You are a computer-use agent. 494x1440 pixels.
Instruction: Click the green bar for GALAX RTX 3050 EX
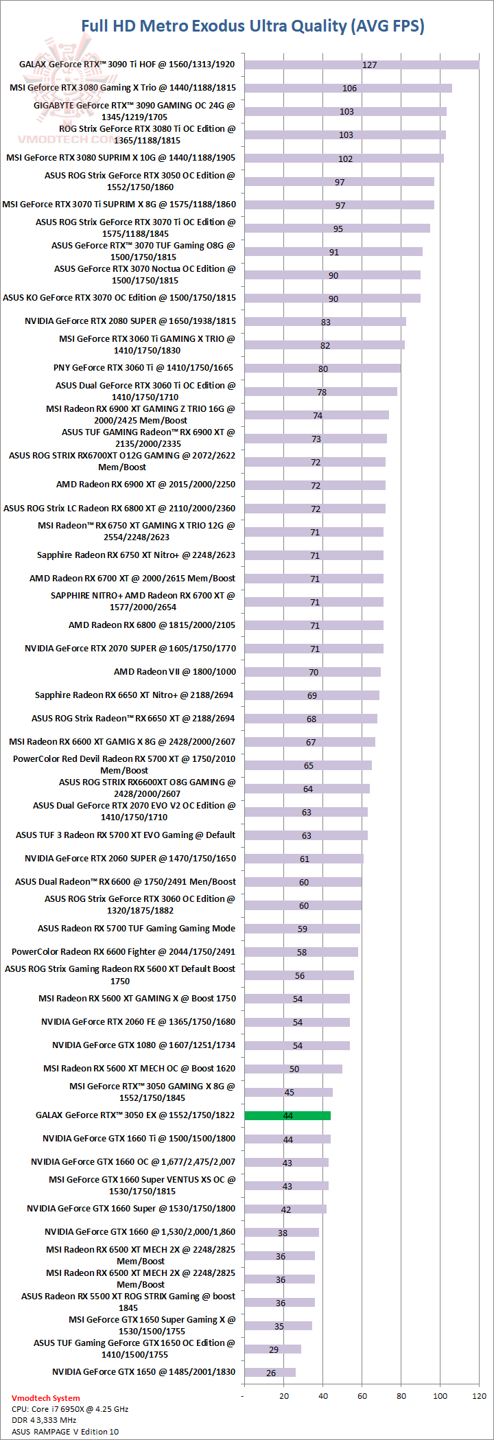287,1115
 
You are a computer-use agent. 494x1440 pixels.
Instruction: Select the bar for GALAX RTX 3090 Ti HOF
361,65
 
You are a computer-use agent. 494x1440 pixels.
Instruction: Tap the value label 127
370,65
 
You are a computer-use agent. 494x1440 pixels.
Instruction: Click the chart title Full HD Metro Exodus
252,26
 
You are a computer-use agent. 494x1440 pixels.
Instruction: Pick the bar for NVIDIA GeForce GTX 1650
270,1372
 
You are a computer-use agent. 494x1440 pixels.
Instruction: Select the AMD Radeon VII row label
174,672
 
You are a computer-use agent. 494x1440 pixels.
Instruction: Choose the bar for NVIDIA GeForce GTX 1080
296,1045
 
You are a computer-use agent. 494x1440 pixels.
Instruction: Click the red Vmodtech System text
45,1398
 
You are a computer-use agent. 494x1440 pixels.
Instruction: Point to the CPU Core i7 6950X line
70,1409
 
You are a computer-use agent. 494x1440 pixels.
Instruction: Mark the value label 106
349,89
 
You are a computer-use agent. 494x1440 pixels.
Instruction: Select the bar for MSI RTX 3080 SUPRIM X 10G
344,158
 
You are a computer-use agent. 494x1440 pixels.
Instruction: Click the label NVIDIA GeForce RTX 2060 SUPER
130,859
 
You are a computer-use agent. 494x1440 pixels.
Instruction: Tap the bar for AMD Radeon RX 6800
314,625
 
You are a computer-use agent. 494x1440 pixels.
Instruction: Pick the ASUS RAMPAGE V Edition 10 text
65,1432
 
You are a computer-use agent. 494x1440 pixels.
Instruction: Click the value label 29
274,1349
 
